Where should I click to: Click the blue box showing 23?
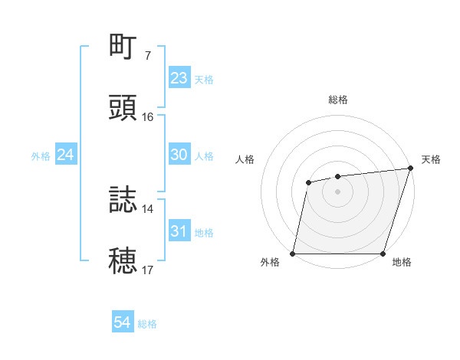[x=179, y=78]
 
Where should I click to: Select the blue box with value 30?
[x=179, y=155]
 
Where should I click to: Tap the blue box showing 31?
[x=179, y=231]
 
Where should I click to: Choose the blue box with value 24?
[x=65, y=155]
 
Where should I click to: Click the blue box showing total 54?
[x=123, y=323]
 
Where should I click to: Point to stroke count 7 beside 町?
[x=147, y=56]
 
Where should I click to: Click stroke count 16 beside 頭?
[x=148, y=117]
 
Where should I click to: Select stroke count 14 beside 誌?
[x=148, y=208]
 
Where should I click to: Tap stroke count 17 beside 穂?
[x=148, y=270]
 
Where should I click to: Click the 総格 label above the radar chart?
[x=338, y=100]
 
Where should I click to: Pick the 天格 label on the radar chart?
[x=431, y=159]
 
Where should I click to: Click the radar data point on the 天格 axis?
[x=410, y=169]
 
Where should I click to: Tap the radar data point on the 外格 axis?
[x=293, y=254]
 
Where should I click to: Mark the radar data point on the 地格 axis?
[x=383, y=254]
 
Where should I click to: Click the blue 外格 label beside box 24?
[x=41, y=156]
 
